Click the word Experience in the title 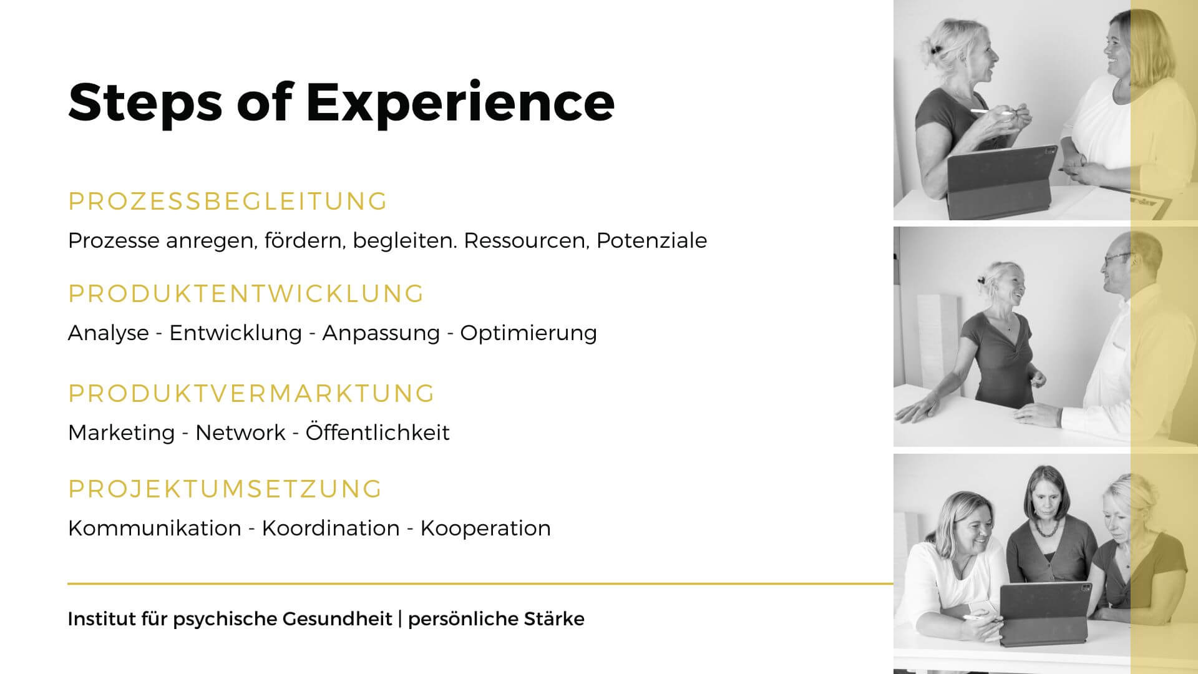tap(460, 102)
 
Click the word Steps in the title tap(145, 101)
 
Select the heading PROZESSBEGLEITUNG tap(228, 202)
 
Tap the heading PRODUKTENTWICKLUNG tap(246, 293)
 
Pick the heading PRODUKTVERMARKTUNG tap(251, 393)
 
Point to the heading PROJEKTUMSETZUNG tap(225, 489)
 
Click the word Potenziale tap(651, 240)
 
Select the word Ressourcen tap(527, 241)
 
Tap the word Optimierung tap(528, 333)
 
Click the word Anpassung tap(381, 333)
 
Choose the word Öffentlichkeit tap(377, 432)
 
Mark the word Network tap(240, 432)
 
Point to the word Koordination tap(331, 528)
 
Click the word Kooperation tap(485, 529)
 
